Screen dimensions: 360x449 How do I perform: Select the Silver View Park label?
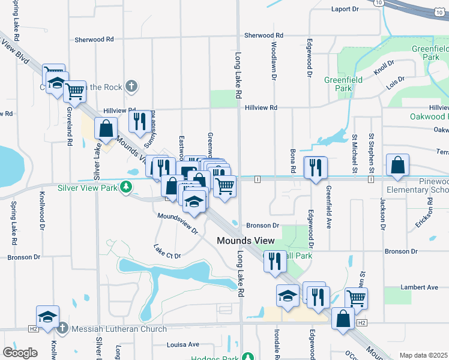[x=88, y=187]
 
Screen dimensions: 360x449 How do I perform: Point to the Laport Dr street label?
[x=345, y=9]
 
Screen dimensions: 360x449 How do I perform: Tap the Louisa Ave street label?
[x=182, y=344]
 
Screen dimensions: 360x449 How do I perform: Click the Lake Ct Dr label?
[x=167, y=251]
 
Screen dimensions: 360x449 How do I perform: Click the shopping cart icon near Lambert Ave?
[x=356, y=296]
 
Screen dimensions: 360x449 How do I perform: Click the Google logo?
[x=20, y=353]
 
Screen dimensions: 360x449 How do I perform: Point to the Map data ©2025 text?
[x=423, y=355]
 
